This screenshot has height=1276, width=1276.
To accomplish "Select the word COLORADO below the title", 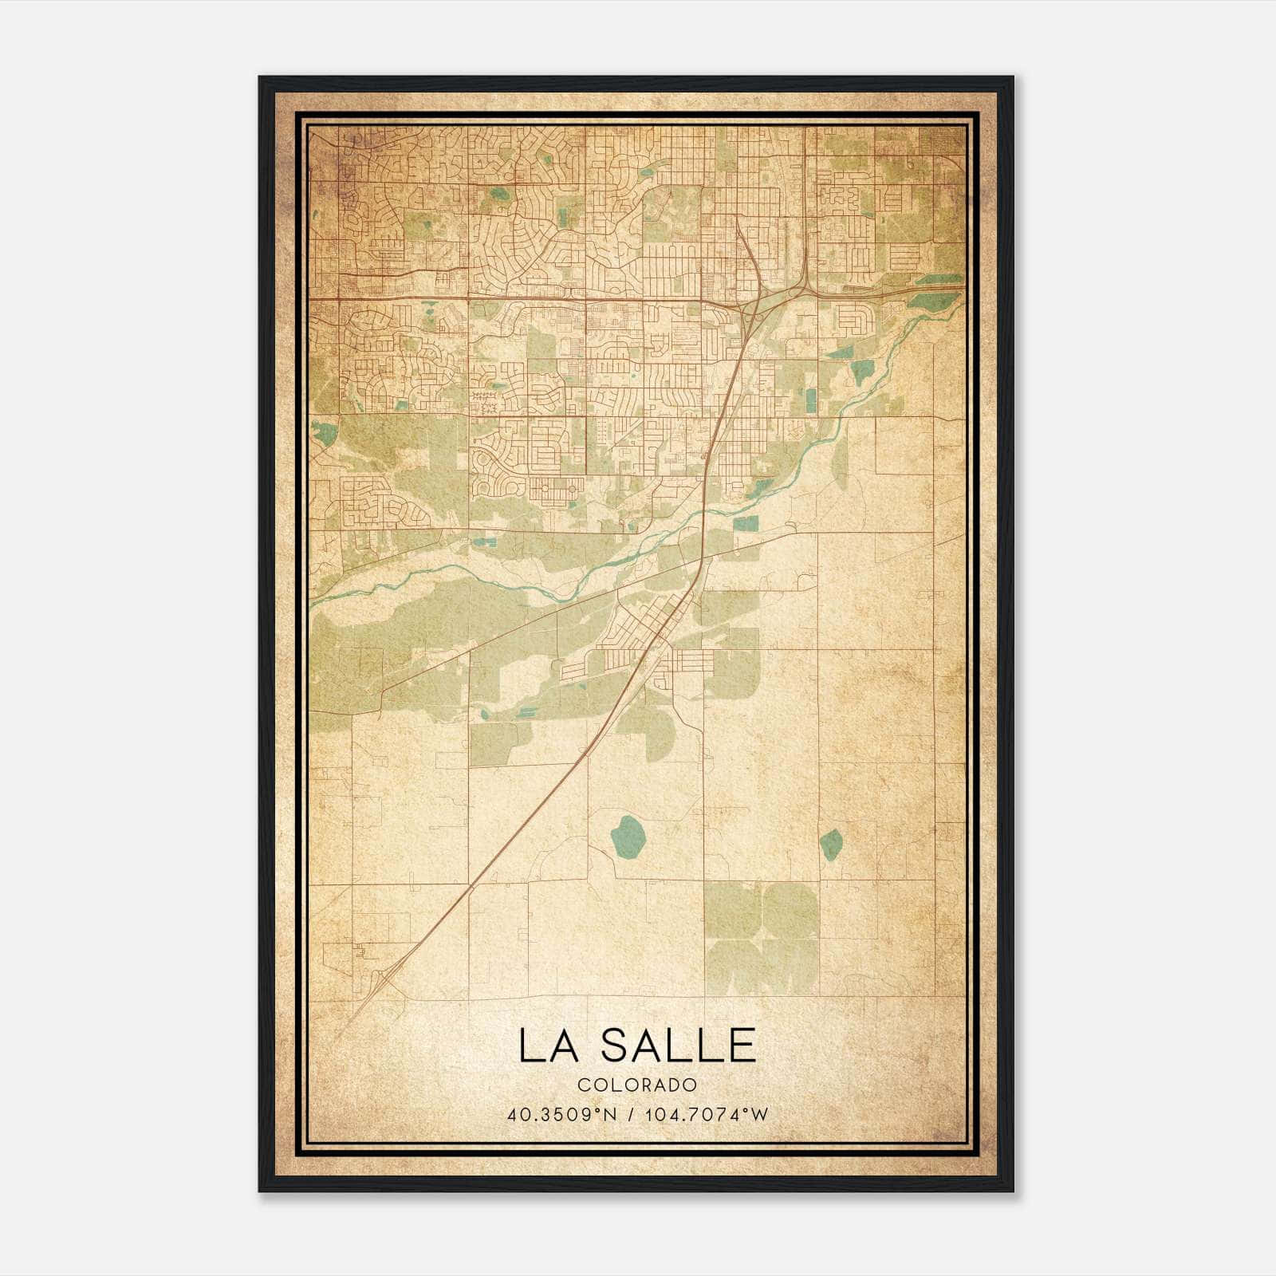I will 637,1085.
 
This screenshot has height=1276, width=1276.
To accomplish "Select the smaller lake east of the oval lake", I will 831,844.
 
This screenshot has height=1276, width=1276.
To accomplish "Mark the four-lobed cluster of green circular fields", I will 762,938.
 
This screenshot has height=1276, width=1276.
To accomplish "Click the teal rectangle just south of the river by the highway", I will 746,524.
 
